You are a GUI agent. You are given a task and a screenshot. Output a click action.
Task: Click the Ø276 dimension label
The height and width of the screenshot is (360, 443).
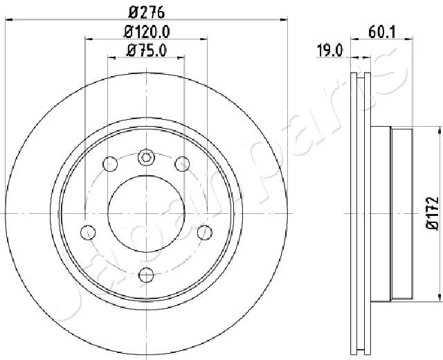(x=146, y=12)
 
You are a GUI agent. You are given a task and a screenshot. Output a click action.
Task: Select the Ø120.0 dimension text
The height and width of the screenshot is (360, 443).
(x=146, y=32)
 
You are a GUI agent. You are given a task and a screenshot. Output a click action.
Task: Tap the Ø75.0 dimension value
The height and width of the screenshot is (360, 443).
(x=146, y=51)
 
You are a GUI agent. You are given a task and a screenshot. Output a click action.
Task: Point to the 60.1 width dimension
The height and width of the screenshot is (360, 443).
(x=381, y=32)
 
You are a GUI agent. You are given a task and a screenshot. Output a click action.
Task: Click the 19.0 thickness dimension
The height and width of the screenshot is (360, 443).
(x=329, y=51)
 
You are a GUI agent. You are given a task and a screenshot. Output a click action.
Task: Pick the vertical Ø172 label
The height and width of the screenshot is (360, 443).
(x=432, y=213)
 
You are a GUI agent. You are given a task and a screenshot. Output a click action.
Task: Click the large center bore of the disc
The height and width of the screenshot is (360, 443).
(x=146, y=214)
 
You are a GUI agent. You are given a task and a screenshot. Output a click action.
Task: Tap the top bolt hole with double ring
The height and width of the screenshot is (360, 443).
(x=146, y=157)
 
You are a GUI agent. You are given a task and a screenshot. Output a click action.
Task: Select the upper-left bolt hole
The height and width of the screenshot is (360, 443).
(x=110, y=164)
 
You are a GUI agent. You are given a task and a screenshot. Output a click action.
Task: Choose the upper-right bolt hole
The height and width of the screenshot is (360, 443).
(x=182, y=164)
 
